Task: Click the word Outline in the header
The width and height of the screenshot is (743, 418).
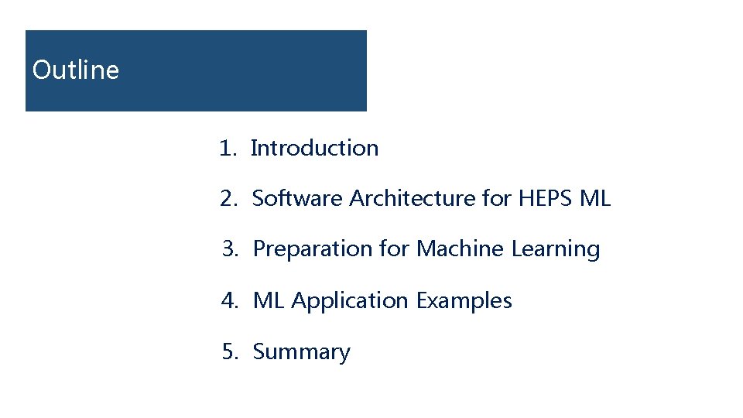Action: [x=76, y=70]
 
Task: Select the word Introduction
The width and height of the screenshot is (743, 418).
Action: [x=315, y=148]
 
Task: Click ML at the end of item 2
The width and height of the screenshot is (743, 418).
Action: [x=595, y=199]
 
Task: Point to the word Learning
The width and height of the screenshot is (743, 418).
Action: [x=556, y=249]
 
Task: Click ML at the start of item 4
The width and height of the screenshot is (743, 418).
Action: [x=269, y=300]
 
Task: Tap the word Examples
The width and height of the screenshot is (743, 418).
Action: [x=464, y=300]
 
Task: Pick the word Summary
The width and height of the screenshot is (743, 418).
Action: [x=302, y=352]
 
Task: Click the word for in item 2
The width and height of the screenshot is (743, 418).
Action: [x=496, y=199]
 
